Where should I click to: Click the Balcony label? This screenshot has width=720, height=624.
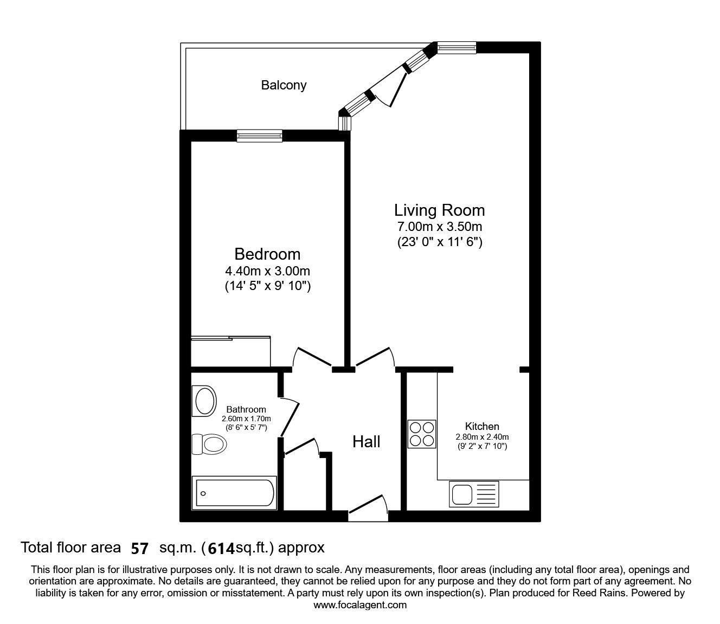284,85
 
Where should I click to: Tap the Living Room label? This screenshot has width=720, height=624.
439,210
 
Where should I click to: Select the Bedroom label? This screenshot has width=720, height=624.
267,254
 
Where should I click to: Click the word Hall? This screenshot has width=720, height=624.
367,442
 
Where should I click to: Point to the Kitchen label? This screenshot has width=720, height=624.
482,426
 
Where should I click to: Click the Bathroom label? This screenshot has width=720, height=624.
246,409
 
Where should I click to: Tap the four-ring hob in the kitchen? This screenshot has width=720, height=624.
422,434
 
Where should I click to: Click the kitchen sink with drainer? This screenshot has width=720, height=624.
473,494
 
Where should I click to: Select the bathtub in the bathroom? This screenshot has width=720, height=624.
234,493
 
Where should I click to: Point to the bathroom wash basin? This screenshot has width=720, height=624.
204,401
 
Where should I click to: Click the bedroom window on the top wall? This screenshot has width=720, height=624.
260,136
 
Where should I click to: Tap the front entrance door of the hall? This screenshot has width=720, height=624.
368,509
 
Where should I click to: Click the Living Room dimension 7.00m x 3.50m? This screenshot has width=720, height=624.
439,227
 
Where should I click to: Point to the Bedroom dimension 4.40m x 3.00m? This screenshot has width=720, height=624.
267,271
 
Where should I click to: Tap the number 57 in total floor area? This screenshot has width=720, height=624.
139,549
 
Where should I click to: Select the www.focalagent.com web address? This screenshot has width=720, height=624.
360,605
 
